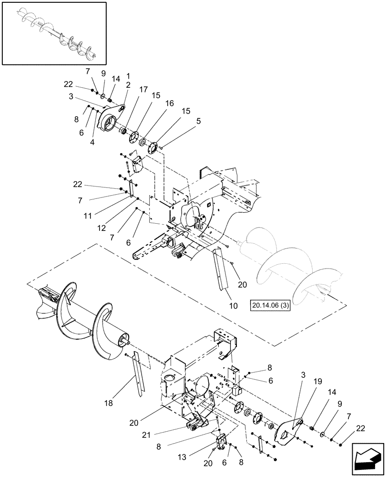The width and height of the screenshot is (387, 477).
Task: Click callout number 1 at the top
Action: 128,75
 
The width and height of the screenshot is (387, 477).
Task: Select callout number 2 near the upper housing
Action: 128,84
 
